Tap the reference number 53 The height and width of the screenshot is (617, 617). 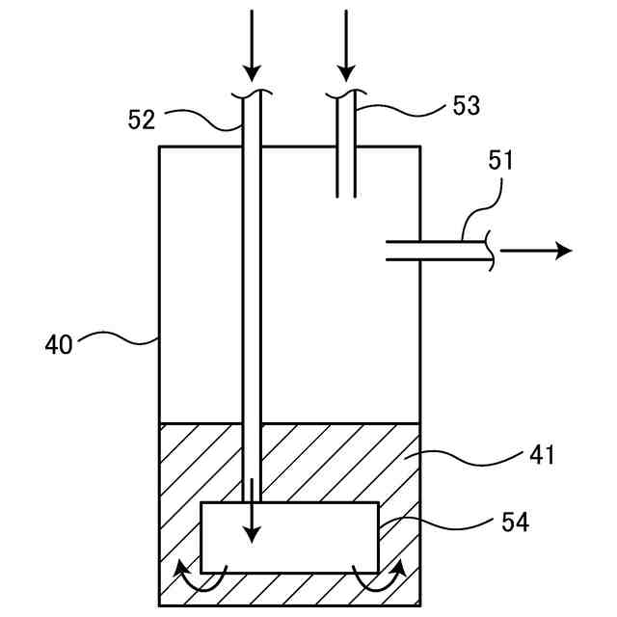coord(466,105)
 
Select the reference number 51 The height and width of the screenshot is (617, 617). coord(500,160)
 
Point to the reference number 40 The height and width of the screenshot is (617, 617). coord(59,344)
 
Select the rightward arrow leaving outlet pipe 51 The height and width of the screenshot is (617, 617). coord(536,251)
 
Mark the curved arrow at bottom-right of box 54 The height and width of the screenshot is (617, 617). coord(377,579)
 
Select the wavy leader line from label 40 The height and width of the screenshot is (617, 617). coord(116,336)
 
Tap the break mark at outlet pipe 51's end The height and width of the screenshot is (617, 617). coord(491,251)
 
